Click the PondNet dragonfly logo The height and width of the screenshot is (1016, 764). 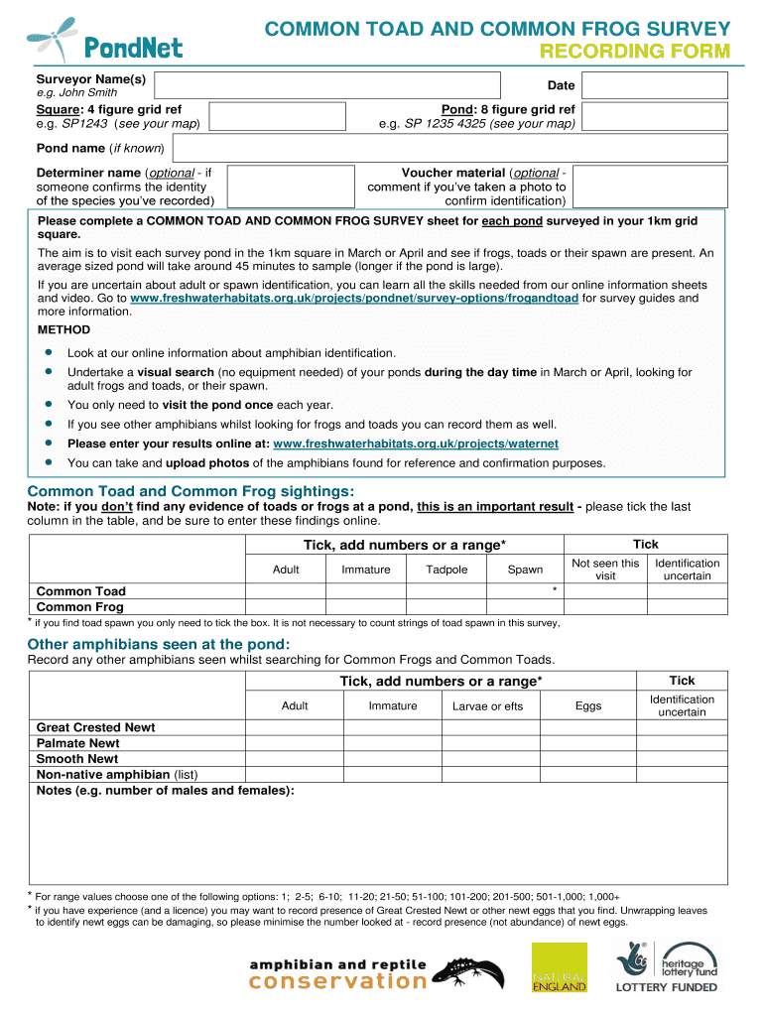(105, 39)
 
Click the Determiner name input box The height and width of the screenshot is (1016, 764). (291, 187)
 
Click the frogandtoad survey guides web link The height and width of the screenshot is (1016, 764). (354, 298)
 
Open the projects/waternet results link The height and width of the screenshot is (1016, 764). (415, 444)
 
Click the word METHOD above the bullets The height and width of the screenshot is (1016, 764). (64, 329)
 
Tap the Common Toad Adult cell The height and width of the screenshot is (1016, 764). (286, 591)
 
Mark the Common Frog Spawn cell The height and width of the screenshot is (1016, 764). (525, 607)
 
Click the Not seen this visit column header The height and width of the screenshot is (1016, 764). (605, 570)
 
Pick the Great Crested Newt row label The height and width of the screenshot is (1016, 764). (95, 727)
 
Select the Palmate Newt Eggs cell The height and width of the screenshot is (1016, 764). (588, 743)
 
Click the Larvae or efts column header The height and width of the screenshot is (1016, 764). (487, 706)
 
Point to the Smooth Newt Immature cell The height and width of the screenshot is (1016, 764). (393, 759)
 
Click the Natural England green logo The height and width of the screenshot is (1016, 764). (560, 966)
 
